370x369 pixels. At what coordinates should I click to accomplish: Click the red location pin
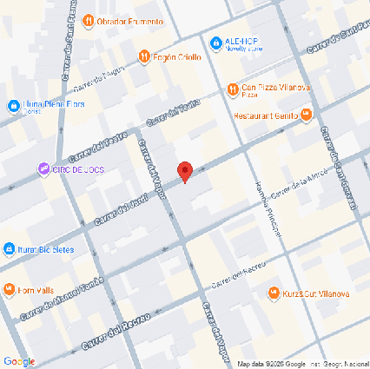[184, 171]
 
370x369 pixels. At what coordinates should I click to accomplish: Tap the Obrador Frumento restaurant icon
[89, 21]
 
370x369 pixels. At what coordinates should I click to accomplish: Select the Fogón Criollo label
[178, 57]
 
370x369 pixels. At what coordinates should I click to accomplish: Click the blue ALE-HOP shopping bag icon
[216, 41]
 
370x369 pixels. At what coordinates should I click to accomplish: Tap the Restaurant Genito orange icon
[306, 115]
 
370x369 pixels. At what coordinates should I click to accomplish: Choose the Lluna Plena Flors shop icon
[13, 106]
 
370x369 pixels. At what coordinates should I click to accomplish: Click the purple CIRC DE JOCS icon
[43, 168]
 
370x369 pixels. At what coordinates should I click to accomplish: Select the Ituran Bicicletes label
[45, 249]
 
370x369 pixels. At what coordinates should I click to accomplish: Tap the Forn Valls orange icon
[9, 290]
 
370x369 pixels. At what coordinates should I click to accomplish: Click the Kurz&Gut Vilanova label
[316, 293]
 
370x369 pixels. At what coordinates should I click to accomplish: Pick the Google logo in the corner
[19, 360]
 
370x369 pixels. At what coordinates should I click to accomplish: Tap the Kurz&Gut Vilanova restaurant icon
[274, 293]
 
